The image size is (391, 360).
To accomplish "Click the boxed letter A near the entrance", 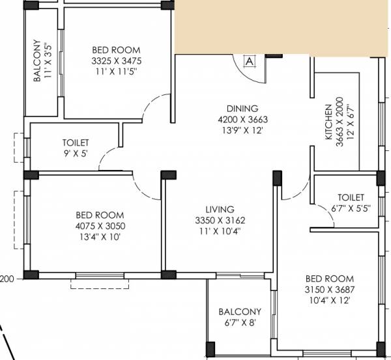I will coord(248,62).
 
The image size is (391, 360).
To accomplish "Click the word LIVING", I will coord(219,210).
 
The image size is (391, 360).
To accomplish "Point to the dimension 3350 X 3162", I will coord(219,220).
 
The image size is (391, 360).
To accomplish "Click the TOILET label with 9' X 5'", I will coord(76,143).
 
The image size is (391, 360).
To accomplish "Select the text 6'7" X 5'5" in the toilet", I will coord(351,210).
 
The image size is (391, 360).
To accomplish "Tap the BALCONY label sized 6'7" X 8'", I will coord(240,312).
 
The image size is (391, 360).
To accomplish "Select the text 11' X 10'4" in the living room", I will coord(219,230).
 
